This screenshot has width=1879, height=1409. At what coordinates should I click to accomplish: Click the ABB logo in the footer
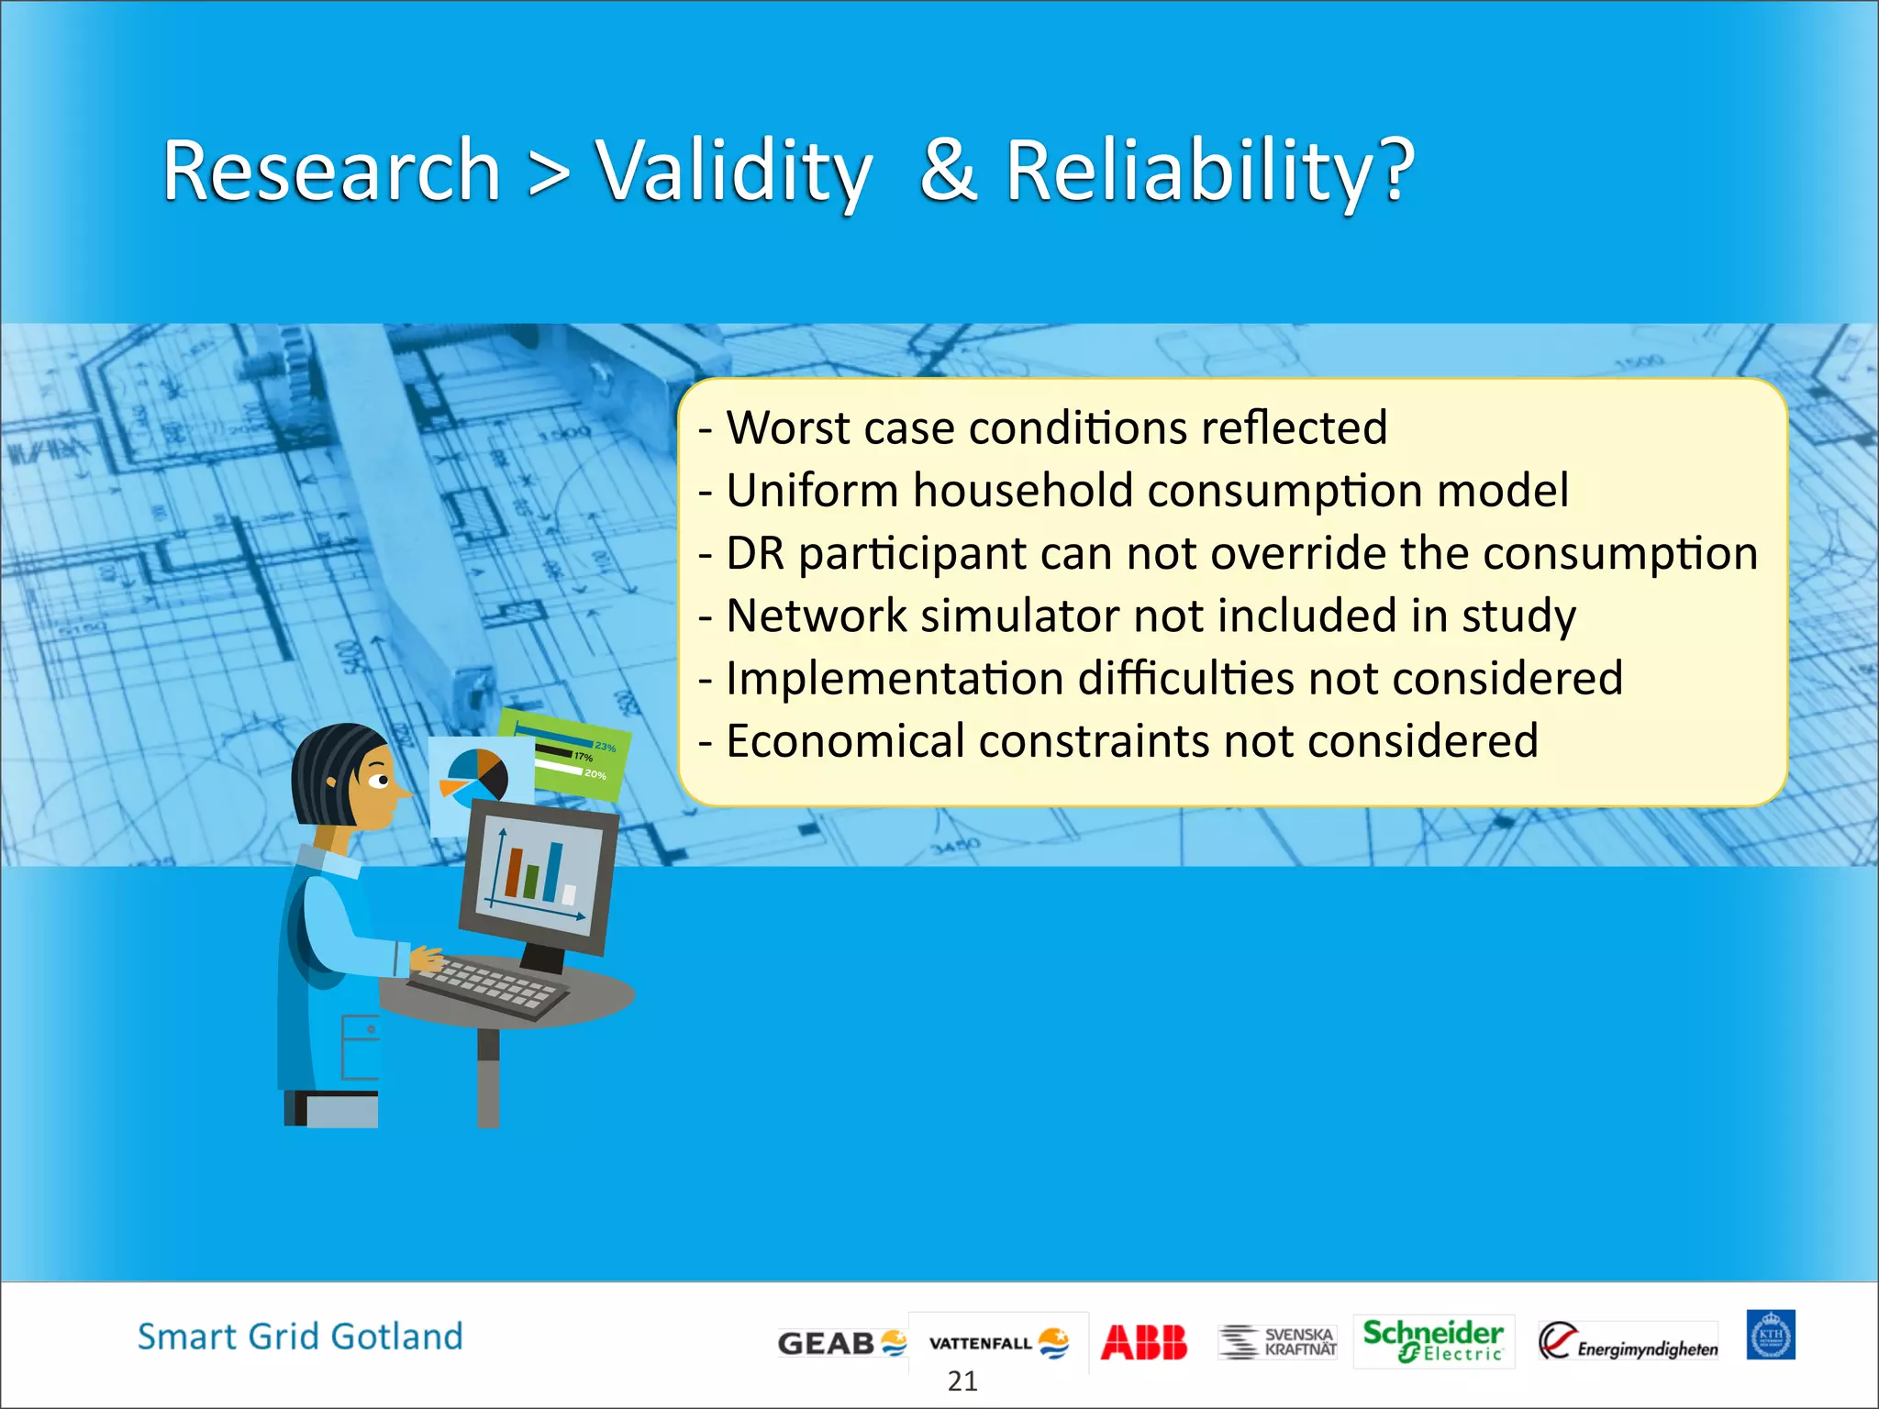[1143, 1342]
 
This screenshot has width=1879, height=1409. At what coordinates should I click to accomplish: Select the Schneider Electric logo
[1432, 1340]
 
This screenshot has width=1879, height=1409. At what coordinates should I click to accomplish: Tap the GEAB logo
[840, 1343]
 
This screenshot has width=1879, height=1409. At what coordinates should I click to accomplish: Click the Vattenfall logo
[998, 1343]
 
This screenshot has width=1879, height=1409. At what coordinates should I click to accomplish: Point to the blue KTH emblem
[1770, 1335]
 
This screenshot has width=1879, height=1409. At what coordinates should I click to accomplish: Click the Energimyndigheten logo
[1628, 1342]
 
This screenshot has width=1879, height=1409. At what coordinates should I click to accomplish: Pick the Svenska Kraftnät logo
[1277, 1341]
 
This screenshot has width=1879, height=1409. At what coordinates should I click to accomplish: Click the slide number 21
[962, 1381]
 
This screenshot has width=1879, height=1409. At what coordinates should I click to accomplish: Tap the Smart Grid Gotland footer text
[300, 1337]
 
